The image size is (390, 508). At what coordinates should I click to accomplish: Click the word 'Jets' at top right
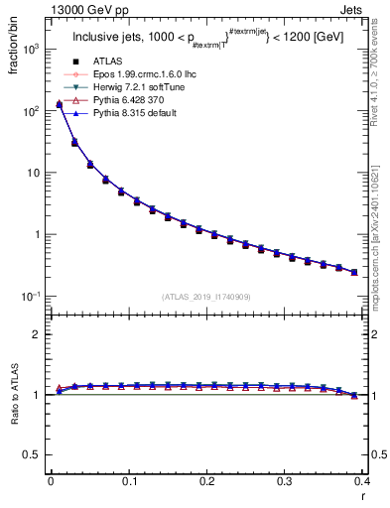tap(350, 8)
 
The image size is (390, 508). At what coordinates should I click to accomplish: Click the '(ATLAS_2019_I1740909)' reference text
tap(205, 297)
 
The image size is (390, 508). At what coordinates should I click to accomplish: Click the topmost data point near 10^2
tap(59, 104)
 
